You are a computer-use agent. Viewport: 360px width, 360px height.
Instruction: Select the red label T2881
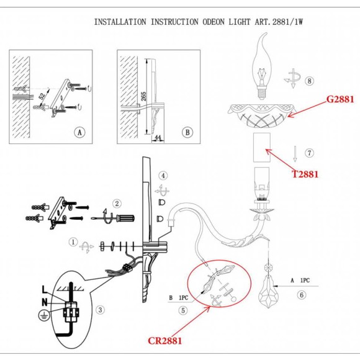click(305, 174)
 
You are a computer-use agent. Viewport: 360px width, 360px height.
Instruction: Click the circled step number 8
click(310, 81)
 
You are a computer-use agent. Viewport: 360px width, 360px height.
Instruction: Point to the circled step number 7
click(310, 153)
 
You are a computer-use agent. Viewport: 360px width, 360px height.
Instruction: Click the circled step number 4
click(163, 176)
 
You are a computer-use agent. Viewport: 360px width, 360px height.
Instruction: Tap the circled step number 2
click(116, 203)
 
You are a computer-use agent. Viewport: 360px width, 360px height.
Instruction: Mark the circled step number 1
click(73, 243)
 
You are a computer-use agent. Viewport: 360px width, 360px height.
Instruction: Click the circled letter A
click(78, 133)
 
